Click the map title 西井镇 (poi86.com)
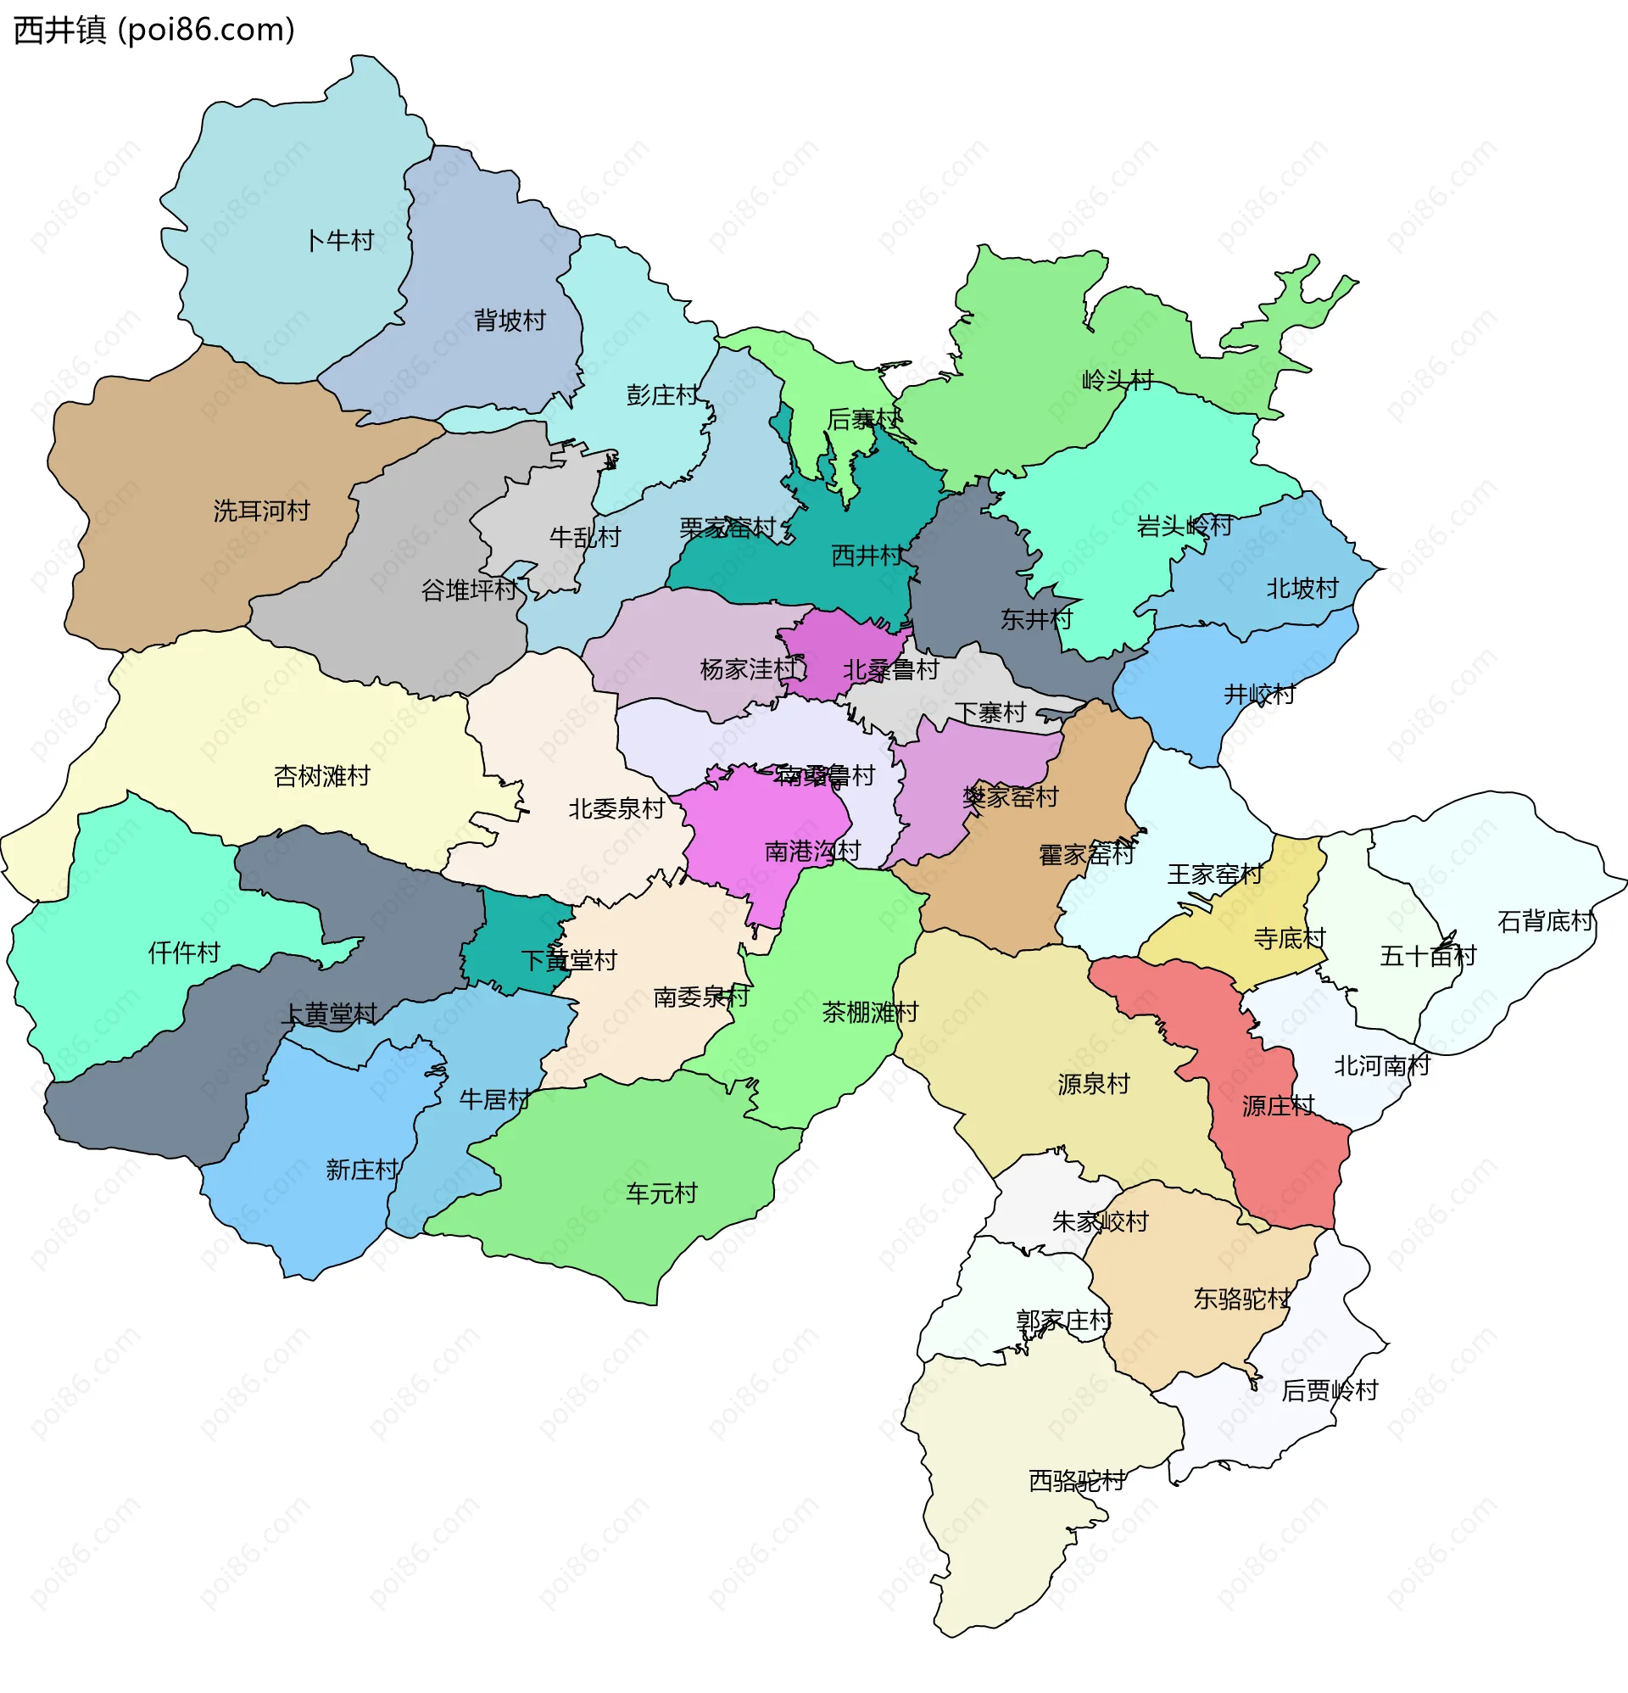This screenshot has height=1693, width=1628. pyautogui.click(x=153, y=31)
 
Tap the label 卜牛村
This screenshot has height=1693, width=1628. pyautogui.click(x=339, y=241)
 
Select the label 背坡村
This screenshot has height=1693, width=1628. pyautogui.click(x=510, y=321)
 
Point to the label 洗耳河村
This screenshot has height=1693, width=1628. pyautogui.click(x=262, y=511)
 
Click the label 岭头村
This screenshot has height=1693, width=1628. pyautogui.click(x=1118, y=381)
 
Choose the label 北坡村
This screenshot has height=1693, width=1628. pyautogui.click(x=1302, y=589)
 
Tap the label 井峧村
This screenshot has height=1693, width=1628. pyautogui.click(x=1259, y=695)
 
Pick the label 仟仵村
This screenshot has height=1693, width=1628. pyautogui.click(x=184, y=953)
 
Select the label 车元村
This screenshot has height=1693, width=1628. pyautogui.click(x=661, y=1193)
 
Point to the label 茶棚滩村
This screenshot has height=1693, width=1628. pyautogui.click(x=870, y=1013)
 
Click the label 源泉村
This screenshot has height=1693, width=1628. pyautogui.click(x=1094, y=1084)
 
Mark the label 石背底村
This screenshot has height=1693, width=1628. pyautogui.click(x=1544, y=922)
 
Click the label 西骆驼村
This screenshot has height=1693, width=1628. pyautogui.click(x=1076, y=1481)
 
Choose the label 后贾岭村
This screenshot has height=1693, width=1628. pyautogui.click(x=1330, y=1391)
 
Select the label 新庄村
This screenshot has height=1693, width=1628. pyautogui.click(x=362, y=1171)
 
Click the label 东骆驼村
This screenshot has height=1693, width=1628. pyautogui.click(x=1241, y=1299)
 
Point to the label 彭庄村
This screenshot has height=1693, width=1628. pyautogui.click(x=661, y=395)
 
